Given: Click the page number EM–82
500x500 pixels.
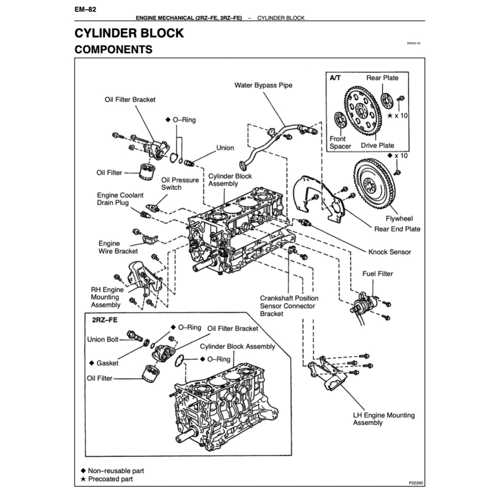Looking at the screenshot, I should pos(85,9).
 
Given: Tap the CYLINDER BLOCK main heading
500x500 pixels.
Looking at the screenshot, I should pos(129,33).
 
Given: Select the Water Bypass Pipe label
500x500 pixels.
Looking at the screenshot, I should pos(263,85).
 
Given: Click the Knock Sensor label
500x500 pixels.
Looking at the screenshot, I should pos(389,252).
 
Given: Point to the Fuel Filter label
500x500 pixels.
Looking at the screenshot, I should pos(377,274).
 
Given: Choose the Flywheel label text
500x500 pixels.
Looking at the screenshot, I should pos(399,219).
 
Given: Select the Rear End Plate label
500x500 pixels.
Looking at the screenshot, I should pos(397,229).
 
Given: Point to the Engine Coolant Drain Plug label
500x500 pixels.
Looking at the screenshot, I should pos(120,199).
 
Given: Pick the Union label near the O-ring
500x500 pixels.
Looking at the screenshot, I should pos(225,148).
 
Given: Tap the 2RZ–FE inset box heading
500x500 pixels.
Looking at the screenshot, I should pos(104,320).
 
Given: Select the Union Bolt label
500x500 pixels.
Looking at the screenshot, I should pos(103,339).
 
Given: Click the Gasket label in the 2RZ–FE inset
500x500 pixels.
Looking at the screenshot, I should pos(107,363).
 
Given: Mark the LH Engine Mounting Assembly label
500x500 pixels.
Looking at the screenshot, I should pos(384,419).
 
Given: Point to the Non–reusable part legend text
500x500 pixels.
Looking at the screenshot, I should pos(116,471).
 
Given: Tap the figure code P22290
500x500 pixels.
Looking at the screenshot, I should pos(416,483).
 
